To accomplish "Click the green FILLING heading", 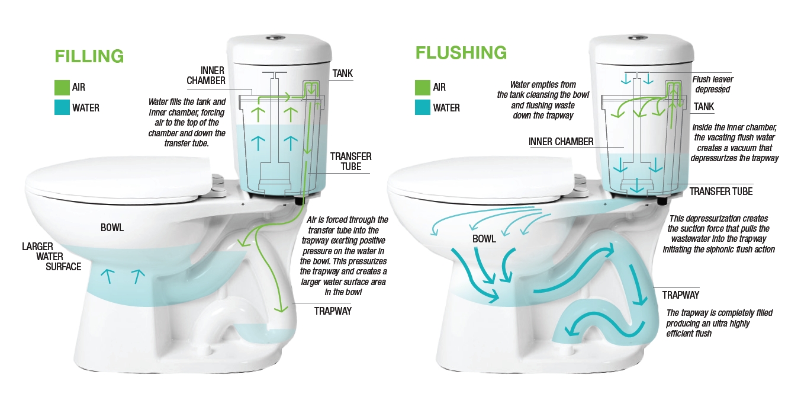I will tap(89, 56).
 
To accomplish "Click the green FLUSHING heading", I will tap(461, 53).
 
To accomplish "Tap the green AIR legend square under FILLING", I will tap(62, 88).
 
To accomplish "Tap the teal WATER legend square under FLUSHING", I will tap(423, 108).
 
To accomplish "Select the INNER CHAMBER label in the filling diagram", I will tap(205, 75).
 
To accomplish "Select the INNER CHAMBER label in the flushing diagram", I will tap(561, 142).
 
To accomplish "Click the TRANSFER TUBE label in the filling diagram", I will tap(351, 161).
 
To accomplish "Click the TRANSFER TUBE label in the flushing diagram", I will tap(721, 191).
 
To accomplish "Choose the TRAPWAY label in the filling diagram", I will tap(333, 311).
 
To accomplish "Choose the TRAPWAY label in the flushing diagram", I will tap(681, 295).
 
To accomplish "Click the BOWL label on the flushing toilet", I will tap(484, 239).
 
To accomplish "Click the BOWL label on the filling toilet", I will tap(112, 227).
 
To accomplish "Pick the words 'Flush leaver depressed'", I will tap(716, 84).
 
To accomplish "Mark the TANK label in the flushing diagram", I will tap(704, 107).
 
